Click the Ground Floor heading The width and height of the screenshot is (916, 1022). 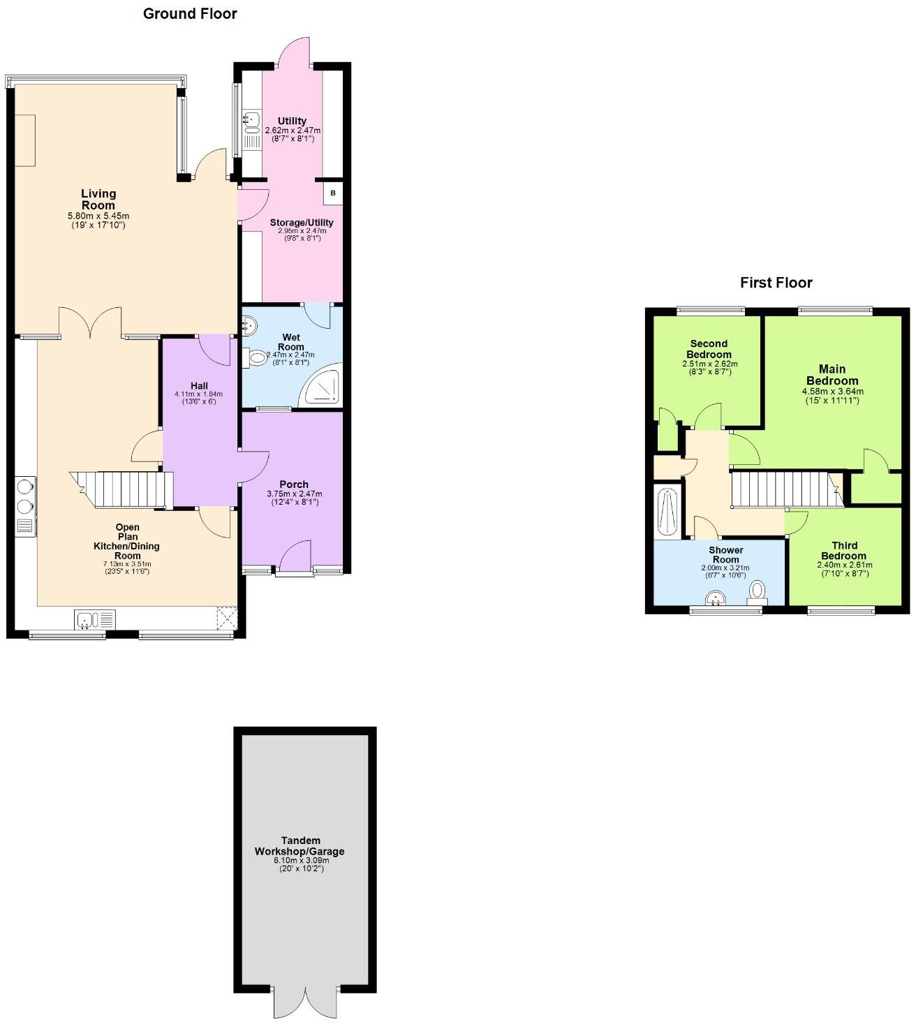click(x=190, y=14)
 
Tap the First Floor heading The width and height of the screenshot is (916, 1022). click(x=776, y=283)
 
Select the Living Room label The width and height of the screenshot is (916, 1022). click(x=98, y=199)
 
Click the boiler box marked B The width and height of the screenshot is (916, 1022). click(x=333, y=193)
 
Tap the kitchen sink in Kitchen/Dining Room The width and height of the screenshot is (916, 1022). click(x=95, y=619)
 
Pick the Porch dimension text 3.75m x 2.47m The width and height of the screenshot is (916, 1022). click(x=294, y=494)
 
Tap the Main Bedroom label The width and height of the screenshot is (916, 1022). click(x=832, y=375)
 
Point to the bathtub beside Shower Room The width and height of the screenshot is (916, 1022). click(x=667, y=512)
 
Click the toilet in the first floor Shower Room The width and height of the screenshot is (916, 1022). click(x=757, y=593)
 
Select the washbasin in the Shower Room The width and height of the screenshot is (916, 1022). click(x=716, y=600)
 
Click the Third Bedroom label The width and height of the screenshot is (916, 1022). click(x=844, y=551)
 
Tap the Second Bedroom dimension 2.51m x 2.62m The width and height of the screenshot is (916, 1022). click(x=709, y=364)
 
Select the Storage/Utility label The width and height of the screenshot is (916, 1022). click(x=302, y=223)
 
